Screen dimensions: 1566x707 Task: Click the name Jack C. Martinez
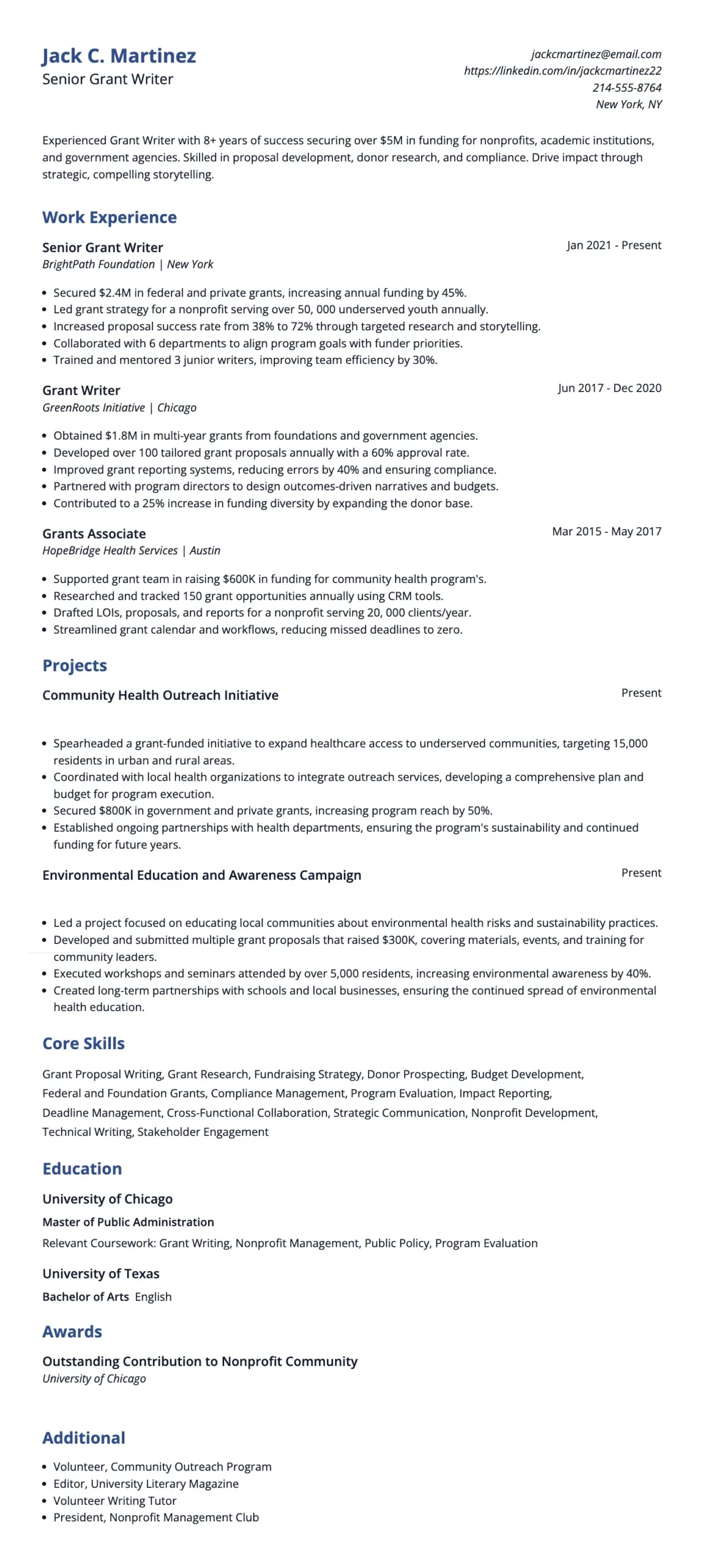[119, 56]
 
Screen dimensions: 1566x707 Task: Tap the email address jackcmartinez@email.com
[596, 54]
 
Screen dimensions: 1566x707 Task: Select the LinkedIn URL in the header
[562, 70]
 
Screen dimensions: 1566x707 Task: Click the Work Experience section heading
[109, 217]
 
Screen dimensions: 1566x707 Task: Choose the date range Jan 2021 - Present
[613, 245]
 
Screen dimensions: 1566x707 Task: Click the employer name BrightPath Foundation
[98, 264]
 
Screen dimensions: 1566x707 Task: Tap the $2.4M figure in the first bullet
[114, 292]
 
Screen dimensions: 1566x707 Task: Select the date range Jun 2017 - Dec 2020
[609, 388]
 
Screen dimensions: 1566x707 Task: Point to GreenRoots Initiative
[93, 407]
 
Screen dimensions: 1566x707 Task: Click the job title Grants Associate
[94, 533]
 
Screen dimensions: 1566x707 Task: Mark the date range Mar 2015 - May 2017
[606, 531]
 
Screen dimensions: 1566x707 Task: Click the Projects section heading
[74, 665]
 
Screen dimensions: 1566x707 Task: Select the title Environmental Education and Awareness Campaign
[201, 875]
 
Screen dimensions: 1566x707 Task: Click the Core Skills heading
[83, 1043]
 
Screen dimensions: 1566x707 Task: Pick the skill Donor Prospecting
[416, 1074]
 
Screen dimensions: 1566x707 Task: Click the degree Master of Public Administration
[128, 1222]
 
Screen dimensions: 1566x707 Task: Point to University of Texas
[100, 1273]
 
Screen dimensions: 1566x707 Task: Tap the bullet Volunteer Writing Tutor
[114, 1500]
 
